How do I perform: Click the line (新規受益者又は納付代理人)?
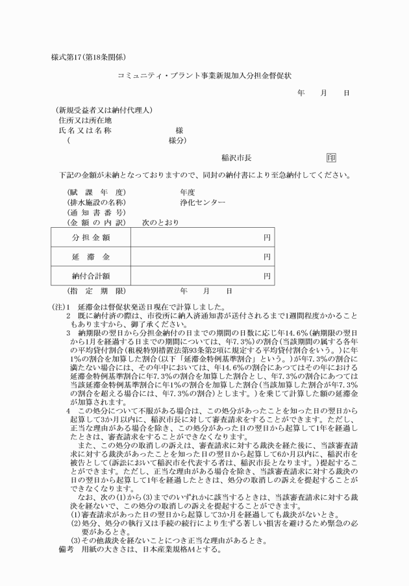click(x=103, y=110)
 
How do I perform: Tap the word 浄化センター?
click(x=203, y=202)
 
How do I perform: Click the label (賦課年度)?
click(x=96, y=192)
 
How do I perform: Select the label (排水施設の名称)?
click(x=96, y=202)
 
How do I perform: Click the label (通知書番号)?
click(x=96, y=213)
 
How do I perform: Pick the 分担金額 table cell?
click(x=91, y=238)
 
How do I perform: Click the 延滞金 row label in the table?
click(x=91, y=257)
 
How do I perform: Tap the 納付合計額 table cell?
click(x=91, y=276)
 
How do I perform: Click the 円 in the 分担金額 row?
click(x=267, y=238)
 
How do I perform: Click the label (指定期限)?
click(x=96, y=291)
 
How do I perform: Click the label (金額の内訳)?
click(x=96, y=223)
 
